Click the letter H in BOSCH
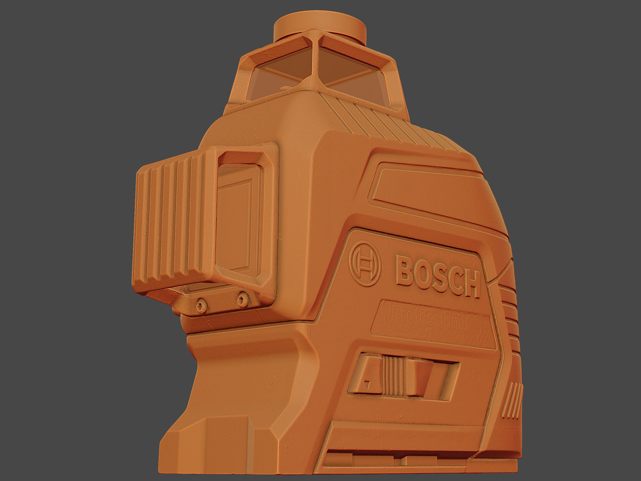(470, 285)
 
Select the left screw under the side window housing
(202, 305)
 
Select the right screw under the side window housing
(243, 300)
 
